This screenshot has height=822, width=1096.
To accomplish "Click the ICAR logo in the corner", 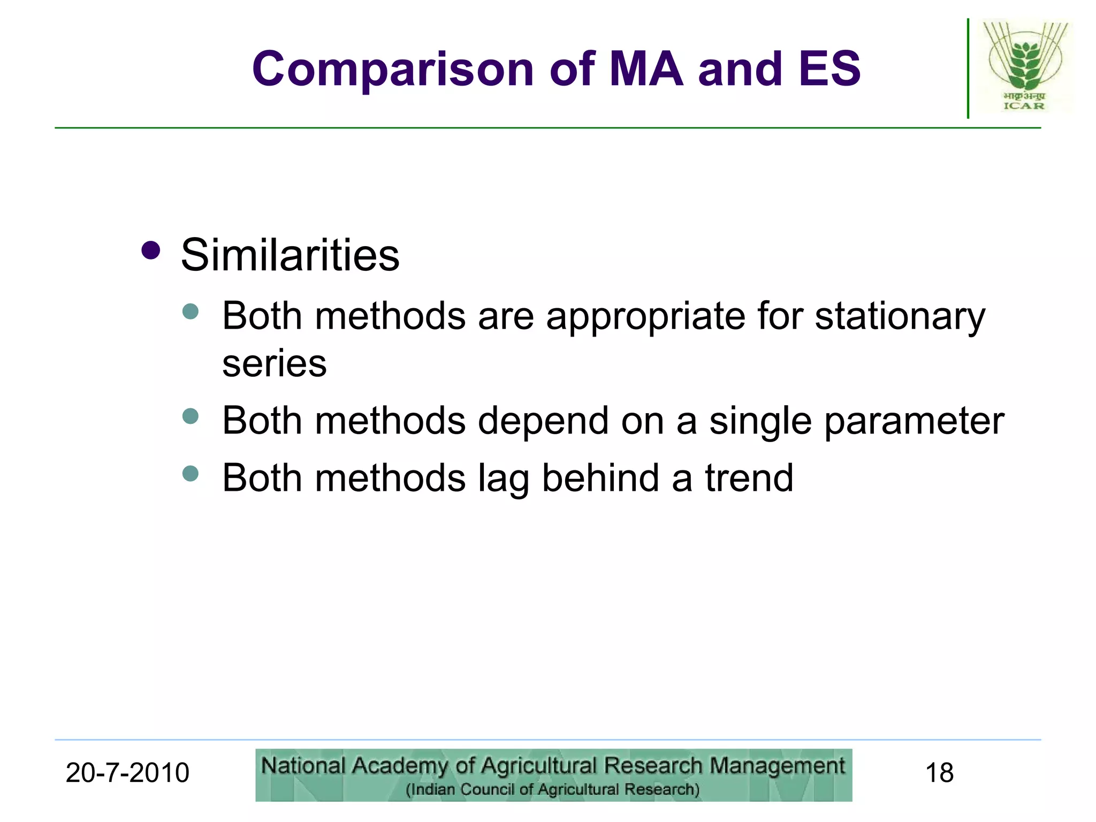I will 1025,66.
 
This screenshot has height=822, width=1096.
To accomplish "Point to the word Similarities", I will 290,255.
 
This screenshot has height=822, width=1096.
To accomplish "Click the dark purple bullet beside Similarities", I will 151,250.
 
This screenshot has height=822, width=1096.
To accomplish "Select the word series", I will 274,364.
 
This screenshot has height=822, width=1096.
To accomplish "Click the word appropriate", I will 645,317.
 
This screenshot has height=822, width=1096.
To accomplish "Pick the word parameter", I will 914,421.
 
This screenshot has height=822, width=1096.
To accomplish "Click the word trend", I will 749,478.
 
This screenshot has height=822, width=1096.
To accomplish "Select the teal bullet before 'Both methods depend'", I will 191,416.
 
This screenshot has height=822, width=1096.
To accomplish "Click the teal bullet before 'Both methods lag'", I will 191,473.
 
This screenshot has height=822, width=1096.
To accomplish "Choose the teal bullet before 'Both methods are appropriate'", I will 191,311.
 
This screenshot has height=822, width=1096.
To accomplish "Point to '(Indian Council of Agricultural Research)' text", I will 552,789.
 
